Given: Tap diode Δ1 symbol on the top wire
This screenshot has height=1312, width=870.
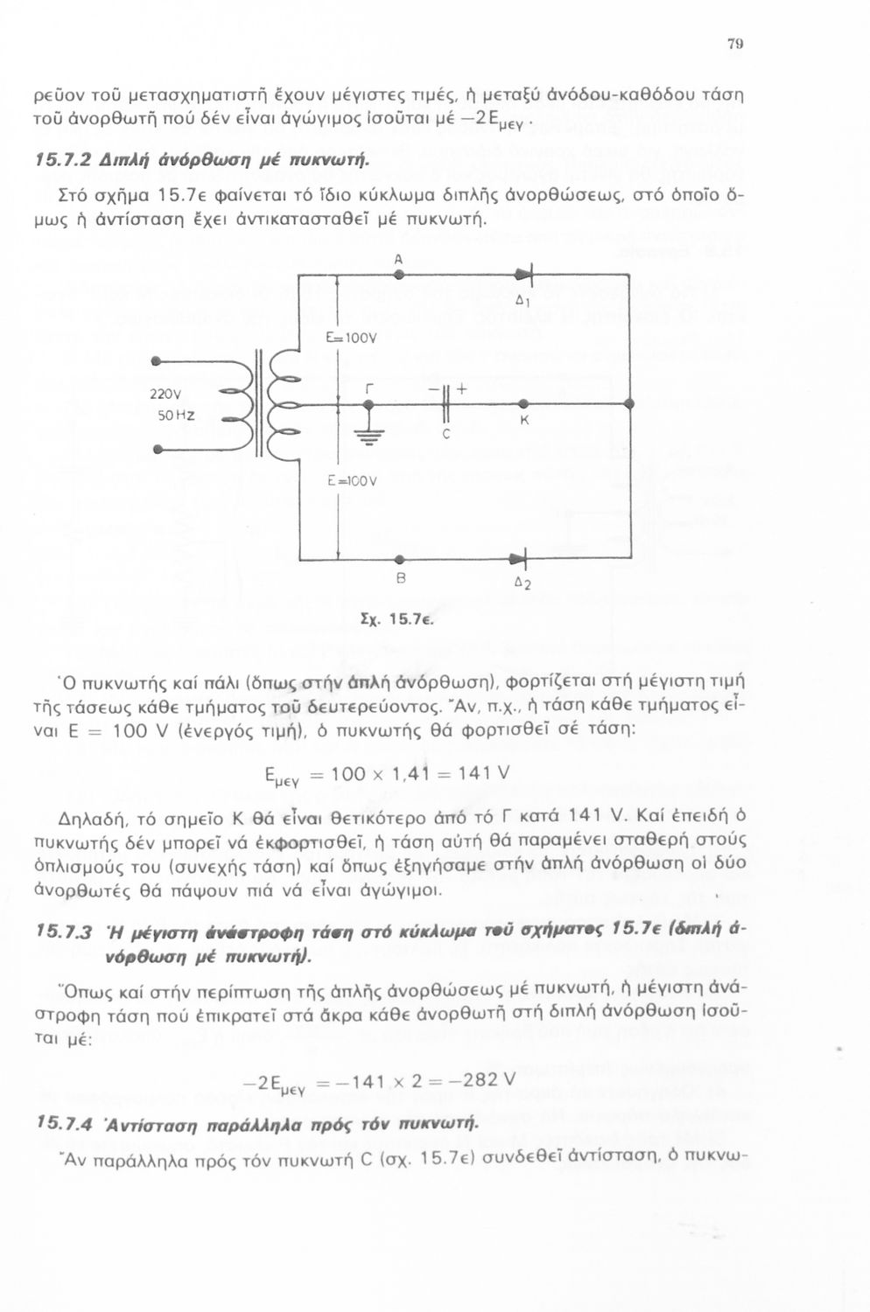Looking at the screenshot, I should [x=526, y=274].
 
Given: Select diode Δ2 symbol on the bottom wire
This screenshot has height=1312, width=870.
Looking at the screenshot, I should [x=522, y=558].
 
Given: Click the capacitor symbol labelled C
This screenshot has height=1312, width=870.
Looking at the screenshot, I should [x=446, y=403].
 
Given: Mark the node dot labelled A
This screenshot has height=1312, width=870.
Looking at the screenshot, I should [x=399, y=274].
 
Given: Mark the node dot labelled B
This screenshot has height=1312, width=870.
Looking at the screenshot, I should [x=399, y=558].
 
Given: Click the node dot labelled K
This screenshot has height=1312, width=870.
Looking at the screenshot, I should [x=523, y=403].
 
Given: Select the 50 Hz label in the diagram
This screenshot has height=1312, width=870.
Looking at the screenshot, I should [x=176, y=414].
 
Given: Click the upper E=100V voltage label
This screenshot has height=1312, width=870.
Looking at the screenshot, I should [x=350, y=338].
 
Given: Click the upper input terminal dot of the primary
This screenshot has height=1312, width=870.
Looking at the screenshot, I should [x=156, y=360].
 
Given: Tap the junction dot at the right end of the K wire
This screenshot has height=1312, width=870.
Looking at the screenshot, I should [x=630, y=403].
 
